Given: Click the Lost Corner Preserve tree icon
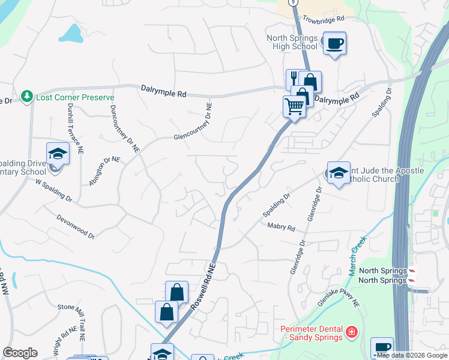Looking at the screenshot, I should pyautogui.click(x=26, y=96).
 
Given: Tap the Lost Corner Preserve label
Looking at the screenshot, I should pyautogui.click(x=75, y=97).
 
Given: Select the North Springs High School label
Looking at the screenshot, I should pyautogui.click(x=292, y=42).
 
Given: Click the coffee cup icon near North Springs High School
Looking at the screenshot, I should pyautogui.click(x=334, y=43).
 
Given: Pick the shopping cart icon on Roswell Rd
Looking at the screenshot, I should pyautogui.click(x=294, y=107).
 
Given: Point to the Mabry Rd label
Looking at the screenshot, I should pyautogui.click(x=282, y=227).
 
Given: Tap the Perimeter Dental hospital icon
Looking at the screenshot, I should pyautogui.click(x=352, y=331).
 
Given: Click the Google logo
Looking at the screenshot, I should pyautogui.click(x=20, y=353).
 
